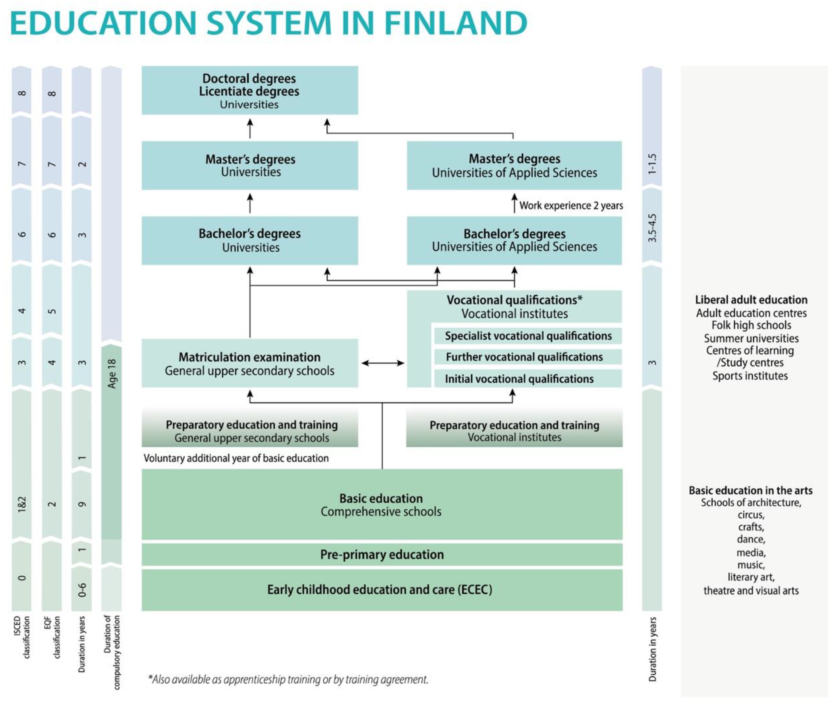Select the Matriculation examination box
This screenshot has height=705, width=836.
pos(250,363)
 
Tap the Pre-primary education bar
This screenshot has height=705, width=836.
pos(382,554)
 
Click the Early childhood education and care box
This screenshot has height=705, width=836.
pos(380,590)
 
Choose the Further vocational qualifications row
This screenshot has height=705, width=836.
pos(524,357)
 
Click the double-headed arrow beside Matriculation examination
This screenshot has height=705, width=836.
pos(383,363)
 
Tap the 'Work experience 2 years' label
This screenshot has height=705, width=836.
pos(571,205)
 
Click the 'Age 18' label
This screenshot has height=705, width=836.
pos(112,373)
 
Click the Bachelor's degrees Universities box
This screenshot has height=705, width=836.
pos(250,240)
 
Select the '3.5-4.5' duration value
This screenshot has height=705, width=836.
pos(652,228)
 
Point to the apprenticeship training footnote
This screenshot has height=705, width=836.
pos(288,680)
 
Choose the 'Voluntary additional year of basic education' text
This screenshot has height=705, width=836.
pos(236,458)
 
